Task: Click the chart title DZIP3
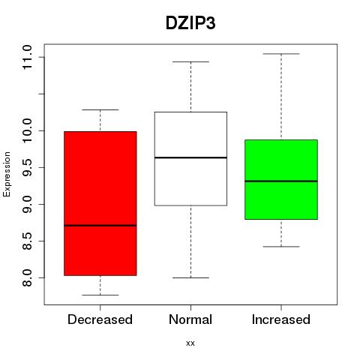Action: click(x=190, y=23)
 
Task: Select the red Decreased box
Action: click(x=100, y=203)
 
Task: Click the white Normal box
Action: click(x=190, y=159)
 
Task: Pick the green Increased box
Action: click(x=281, y=179)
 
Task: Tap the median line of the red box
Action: click(x=100, y=226)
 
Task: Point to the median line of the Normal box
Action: click(x=190, y=157)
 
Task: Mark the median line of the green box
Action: click(x=281, y=181)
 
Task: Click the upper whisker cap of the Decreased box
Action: click(x=100, y=109)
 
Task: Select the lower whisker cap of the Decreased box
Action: click(x=100, y=295)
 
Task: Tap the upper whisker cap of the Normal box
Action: click(x=190, y=61)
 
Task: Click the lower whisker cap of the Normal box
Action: click(x=190, y=277)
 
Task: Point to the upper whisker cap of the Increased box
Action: click(x=281, y=54)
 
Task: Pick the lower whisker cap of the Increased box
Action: click(x=281, y=247)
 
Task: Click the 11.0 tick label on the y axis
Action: click(x=27, y=57)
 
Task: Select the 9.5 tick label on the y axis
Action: click(x=27, y=167)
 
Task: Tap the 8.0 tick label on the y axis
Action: click(x=27, y=277)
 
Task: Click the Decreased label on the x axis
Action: click(x=100, y=319)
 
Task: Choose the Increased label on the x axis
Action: click(x=281, y=319)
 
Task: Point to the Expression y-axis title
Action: click(x=7, y=174)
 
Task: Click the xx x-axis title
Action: click(x=190, y=343)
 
